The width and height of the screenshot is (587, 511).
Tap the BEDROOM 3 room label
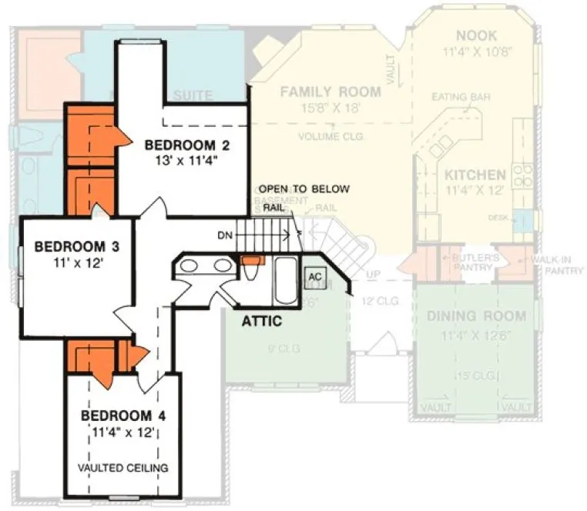(69, 247)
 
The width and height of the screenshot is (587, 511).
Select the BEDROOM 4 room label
(123, 416)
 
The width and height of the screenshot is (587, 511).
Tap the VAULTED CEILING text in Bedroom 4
(123, 467)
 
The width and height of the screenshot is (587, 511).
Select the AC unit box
(314, 276)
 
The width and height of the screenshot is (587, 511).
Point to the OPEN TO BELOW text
(304, 189)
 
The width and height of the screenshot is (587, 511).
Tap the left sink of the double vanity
(190, 266)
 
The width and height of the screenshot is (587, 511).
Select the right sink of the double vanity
(223, 266)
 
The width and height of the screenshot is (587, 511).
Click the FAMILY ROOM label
(330, 92)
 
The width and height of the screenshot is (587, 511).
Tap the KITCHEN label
(475, 175)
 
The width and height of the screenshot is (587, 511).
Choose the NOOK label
(476, 36)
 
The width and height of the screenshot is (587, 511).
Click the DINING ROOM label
(476, 316)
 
